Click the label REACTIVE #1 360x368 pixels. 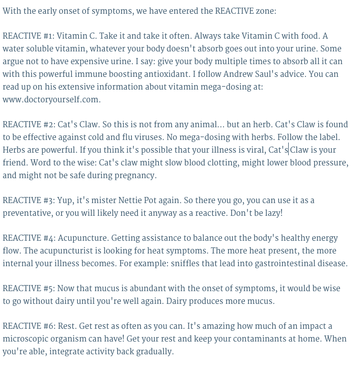point(28,36)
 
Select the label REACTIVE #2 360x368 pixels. point(29,125)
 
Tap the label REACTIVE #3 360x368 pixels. point(29,201)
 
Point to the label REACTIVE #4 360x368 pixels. point(29,238)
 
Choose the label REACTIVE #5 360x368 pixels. point(29,289)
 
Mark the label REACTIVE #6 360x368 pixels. point(29,326)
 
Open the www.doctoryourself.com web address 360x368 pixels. point(51,100)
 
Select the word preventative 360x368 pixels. point(27,213)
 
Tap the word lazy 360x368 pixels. point(271,213)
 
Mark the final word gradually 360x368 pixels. point(154,352)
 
